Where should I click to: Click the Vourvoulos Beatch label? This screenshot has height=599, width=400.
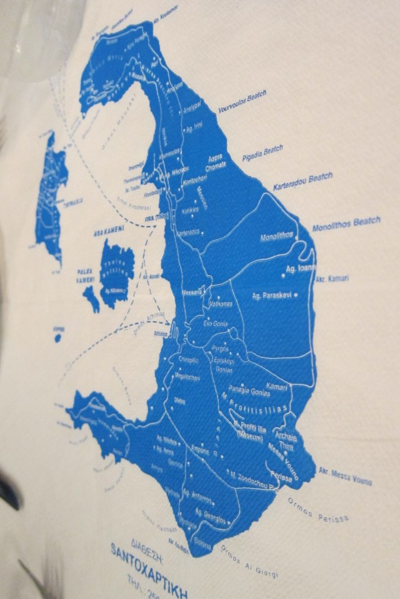[x=242, y=102]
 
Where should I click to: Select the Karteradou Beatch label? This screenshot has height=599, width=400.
[x=303, y=181]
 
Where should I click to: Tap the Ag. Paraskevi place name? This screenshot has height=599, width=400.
[x=271, y=294]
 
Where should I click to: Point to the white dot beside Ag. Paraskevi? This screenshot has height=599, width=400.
[x=296, y=295]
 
